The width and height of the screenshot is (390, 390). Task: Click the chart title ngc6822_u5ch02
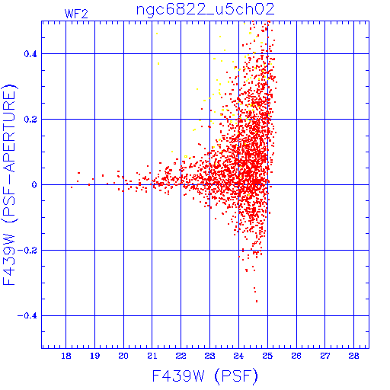[x=206, y=10]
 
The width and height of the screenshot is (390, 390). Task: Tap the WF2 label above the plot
[x=76, y=14]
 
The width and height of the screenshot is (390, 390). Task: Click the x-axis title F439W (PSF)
[x=205, y=376]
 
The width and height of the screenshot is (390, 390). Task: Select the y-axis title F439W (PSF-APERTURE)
[x=9, y=184]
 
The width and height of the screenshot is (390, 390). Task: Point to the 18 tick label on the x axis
[x=66, y=356]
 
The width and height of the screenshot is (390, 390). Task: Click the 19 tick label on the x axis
[x=94, y=356]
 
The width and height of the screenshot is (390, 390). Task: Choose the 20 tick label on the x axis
[x=123, y=356]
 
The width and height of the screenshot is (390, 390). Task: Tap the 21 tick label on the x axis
[x=152, y=356]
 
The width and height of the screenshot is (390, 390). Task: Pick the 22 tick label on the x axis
[x=181, y=356]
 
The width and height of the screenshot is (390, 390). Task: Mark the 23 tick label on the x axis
[x=209, y=356]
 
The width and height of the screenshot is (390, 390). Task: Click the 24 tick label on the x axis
[x=238, y=356]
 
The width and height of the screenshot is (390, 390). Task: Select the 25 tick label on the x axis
[x=267, y=356]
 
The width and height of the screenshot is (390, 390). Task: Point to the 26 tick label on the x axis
[x=296, y=356]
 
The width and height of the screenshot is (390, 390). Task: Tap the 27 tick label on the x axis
[x=325, y=356]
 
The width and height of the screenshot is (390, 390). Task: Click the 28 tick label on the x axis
[x=354, y=356]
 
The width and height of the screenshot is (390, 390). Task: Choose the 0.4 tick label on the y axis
[x=30, y=54]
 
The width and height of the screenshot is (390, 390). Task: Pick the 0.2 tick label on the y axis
[x=30, y=120]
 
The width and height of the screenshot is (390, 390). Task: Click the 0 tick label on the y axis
[x=34, y=185]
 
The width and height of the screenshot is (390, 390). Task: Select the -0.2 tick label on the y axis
[x=27, y=251]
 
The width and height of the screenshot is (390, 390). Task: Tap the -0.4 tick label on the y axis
[x=27, y=316]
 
